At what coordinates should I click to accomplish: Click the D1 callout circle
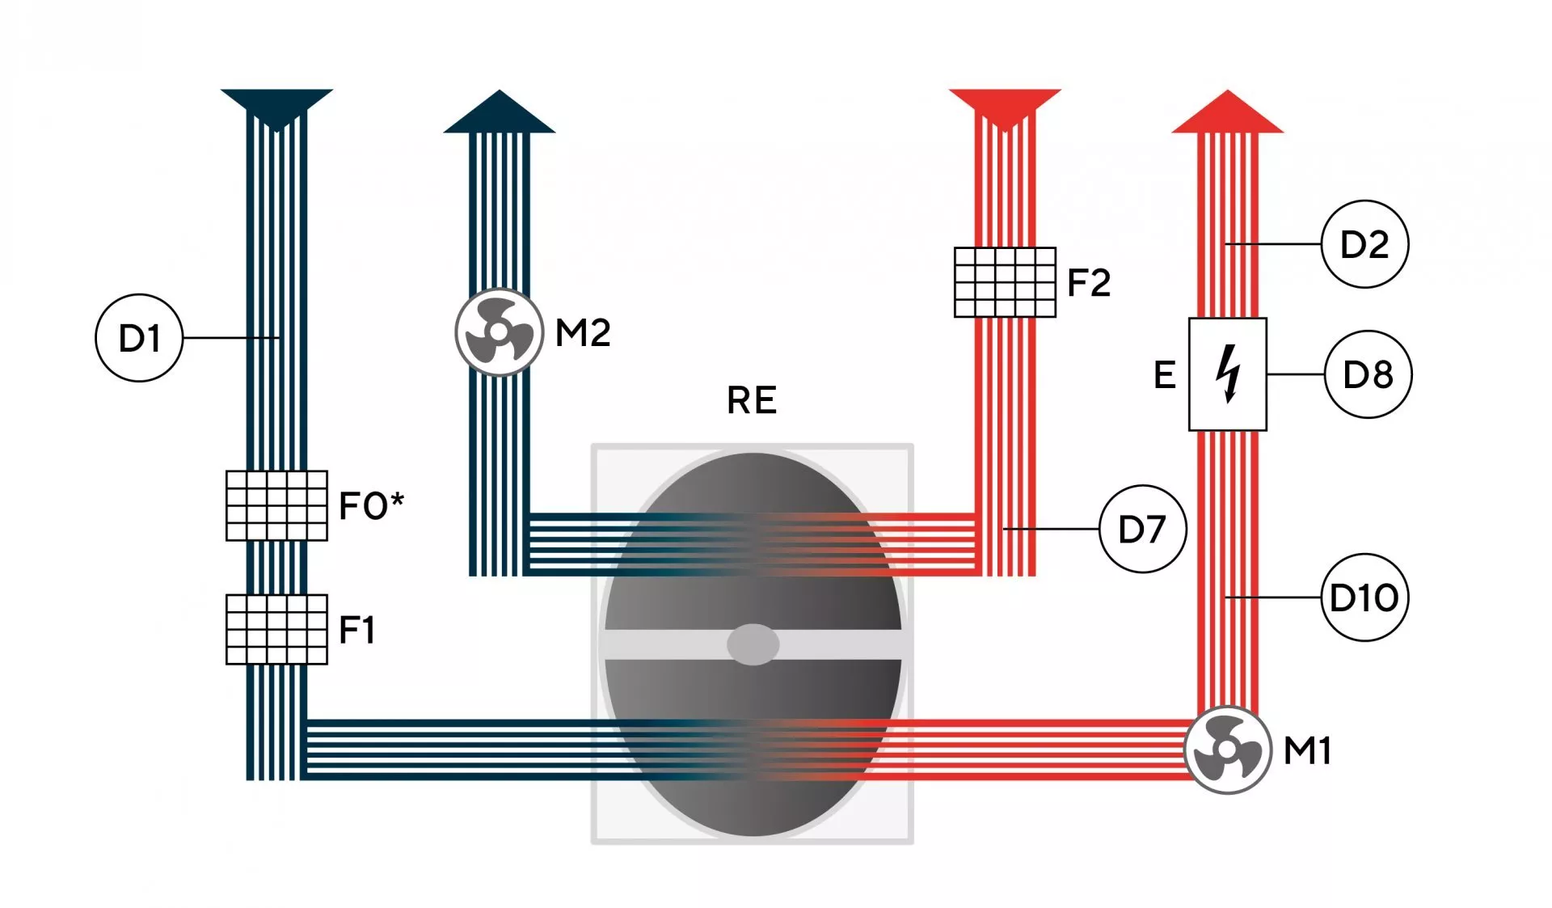139,338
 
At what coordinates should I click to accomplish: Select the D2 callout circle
1364,244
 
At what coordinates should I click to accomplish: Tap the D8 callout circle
1368,374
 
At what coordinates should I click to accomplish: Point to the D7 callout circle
1142,529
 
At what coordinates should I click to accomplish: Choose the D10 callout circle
1364,598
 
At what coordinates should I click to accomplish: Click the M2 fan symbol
499,332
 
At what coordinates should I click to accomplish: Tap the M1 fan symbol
1227,750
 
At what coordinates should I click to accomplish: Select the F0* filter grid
276,505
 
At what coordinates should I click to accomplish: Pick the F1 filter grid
276,629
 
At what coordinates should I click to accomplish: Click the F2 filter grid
1005,282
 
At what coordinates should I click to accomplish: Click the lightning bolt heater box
1227,374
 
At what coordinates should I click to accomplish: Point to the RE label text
752,400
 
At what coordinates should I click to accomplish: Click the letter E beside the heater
1164,375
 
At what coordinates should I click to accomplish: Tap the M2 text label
583,333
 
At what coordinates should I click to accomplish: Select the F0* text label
371,506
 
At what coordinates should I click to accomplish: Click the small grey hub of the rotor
753,644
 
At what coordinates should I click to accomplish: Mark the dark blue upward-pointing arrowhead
500,112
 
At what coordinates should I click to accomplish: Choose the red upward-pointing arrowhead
1227,112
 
